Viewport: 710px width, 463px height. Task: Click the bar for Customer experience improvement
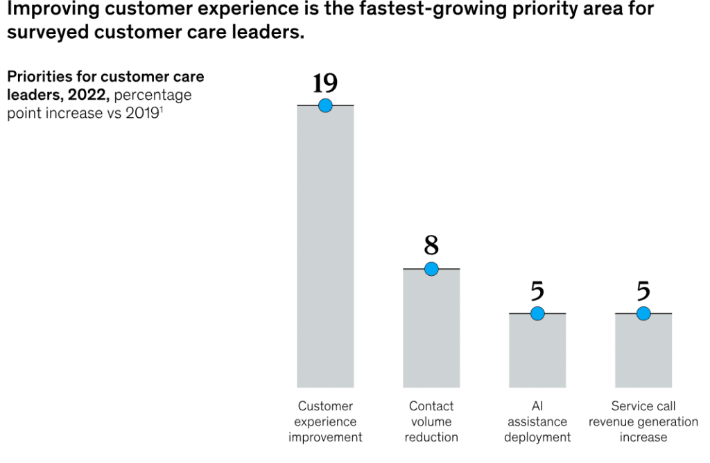pyautogui.click(x=325, y=250)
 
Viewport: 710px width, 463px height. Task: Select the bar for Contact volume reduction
pyautogui.click(x=431, y=329)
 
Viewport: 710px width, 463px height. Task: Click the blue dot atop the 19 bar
pyautogui.click(x=325, y=105)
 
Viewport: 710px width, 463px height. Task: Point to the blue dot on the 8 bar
pyautogui.click(x=431, y=269)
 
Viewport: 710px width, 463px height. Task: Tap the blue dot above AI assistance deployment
pyautogui.click(x=537, y=314)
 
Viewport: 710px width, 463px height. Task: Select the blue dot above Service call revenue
pyautogui.click(x=643, y=314)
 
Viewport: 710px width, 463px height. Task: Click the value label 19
pyautogui.click(x=325, y=83)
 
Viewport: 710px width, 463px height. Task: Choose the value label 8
pyautogui.click(x=431, y=246)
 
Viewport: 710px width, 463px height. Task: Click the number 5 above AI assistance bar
pyautogui.click(x=537, y=292)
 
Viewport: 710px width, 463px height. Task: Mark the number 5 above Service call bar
pyautogui.click(x=643, y=292)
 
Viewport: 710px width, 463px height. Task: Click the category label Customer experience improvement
pyautogui.click(x=325, y=421)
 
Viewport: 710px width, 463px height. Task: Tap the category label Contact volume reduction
pyautogui.click(x=431, y=421)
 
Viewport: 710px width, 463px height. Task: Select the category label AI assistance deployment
pyautogui.click(x=537, y=421)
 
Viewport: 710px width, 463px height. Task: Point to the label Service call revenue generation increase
pyautogui.click(x=643, y=421)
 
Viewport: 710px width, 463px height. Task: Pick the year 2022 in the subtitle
pyautogui.click(x=87, y=96)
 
